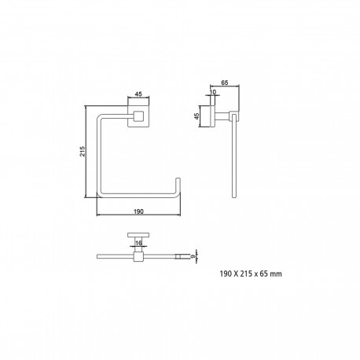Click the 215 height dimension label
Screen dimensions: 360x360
(83, 152)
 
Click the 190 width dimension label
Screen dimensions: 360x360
(138, 211)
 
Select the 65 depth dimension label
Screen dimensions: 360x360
(225, 83)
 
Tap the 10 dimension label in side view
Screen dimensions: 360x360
(213, 92)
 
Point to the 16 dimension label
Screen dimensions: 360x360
(138, 243)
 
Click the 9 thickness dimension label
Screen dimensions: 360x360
(193, 256)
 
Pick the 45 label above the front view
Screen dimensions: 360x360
(138, 94)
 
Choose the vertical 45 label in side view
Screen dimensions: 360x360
(197, 116)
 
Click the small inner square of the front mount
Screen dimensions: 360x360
(138, 116)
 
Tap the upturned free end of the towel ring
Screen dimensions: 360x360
(178, 183)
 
